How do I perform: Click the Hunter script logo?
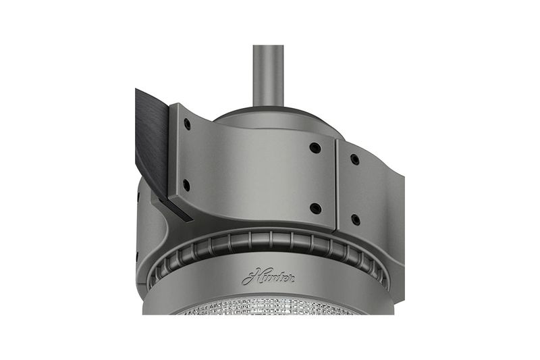268,277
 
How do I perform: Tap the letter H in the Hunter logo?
250,277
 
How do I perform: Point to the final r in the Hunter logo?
291,278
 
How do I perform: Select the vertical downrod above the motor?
268,76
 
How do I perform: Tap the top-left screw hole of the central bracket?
187,123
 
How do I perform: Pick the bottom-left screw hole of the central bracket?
186,184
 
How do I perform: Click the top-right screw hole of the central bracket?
315,148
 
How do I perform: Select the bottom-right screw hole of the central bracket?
315,208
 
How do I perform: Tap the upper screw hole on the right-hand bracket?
355,159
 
